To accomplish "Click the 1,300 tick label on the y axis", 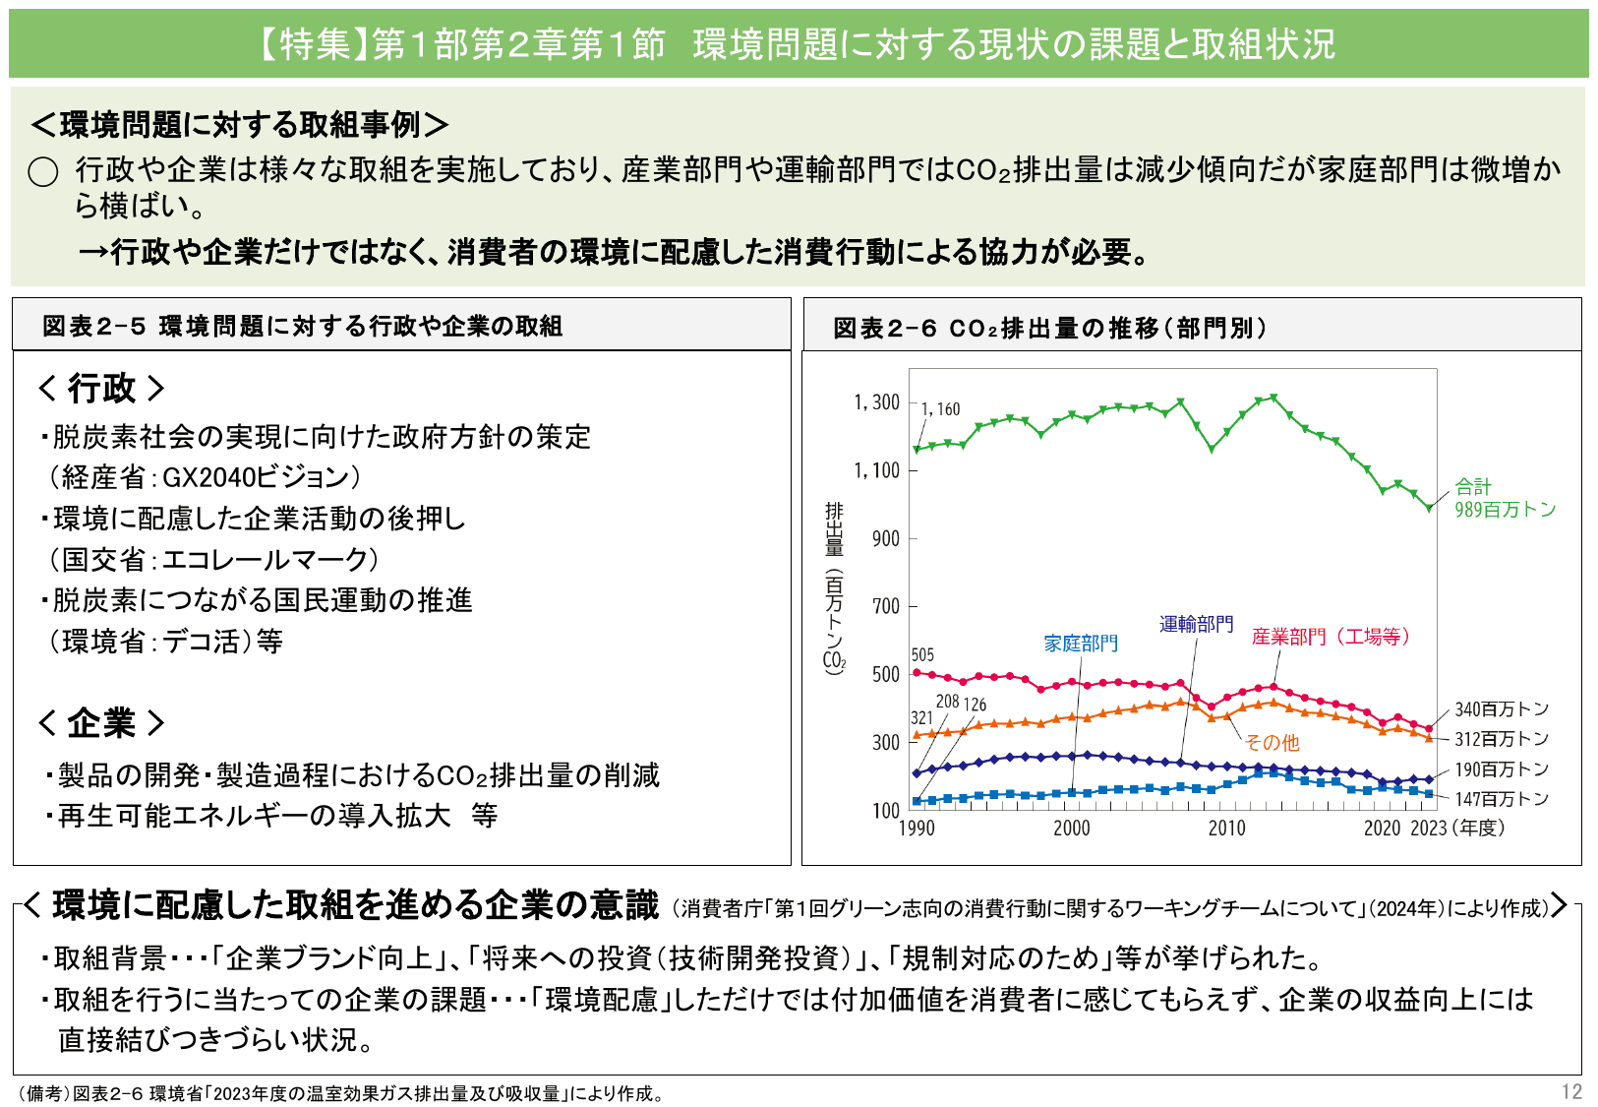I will point(876,402).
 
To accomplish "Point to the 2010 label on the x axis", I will point(1226,829).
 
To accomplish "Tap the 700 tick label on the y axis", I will point(886,606).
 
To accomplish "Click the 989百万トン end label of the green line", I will point(1506,510).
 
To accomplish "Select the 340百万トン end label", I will point(1502,709).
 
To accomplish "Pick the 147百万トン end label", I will point(1502,799).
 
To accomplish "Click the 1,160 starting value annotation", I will point(940,409).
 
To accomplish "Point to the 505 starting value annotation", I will point(922,655).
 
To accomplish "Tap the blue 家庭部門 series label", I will point(1081,644).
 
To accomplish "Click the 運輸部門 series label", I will point(1196,624).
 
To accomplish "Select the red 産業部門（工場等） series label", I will point(1331,637).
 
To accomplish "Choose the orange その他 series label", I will point(1272,743).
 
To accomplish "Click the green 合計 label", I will point(1473,486).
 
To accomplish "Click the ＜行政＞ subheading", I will point(101,389).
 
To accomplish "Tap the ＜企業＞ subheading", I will point(101,723).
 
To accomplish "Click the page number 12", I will point(1570,1091).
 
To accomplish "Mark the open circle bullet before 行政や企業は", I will point(43,172).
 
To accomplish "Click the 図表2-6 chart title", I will point(1049,328).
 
